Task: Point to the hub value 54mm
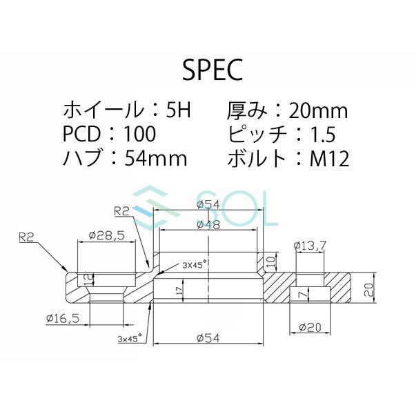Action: (157, 159)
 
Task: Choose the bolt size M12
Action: (328, 159)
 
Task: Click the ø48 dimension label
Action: (208, 225)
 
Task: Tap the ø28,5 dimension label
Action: (106, 235)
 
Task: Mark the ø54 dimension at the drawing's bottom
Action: (208, 337)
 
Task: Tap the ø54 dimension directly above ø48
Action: (208, 204)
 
